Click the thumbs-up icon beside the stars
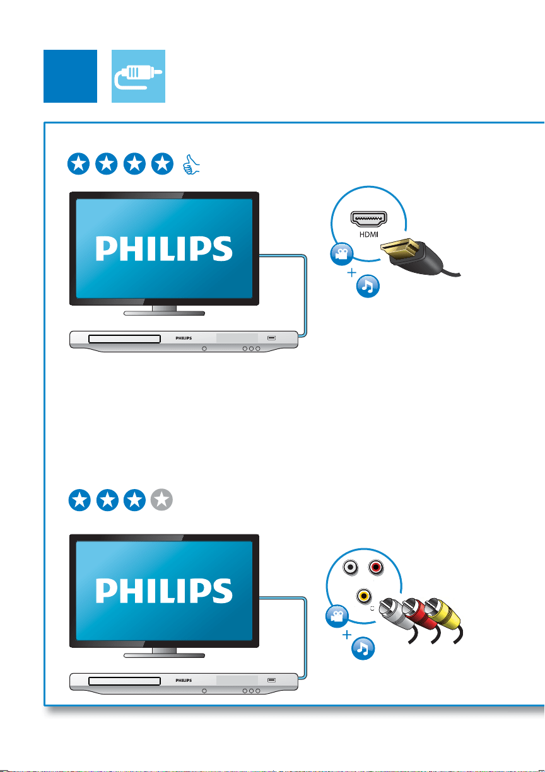tap(191, 164)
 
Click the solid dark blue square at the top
tap(70, 76)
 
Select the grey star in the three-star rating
tap(161, 500)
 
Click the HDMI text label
tap(369, 234)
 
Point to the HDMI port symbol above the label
tap(369, 219)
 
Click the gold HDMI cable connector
tap(400, 249)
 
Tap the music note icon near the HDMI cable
tap(368, 286)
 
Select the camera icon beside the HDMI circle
tap(341, 254)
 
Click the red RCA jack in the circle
tap(376, 567)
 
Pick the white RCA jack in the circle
tap(351, 567)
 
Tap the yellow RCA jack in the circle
tap(363, 596)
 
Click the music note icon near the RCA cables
tap(363, 648)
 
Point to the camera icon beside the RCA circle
tap(337, 616)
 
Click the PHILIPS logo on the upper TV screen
tap(164, 248)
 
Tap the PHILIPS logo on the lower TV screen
tap(164, 591)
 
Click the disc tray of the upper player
tap(124, 339)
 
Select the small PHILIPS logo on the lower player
tap(184, 681)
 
